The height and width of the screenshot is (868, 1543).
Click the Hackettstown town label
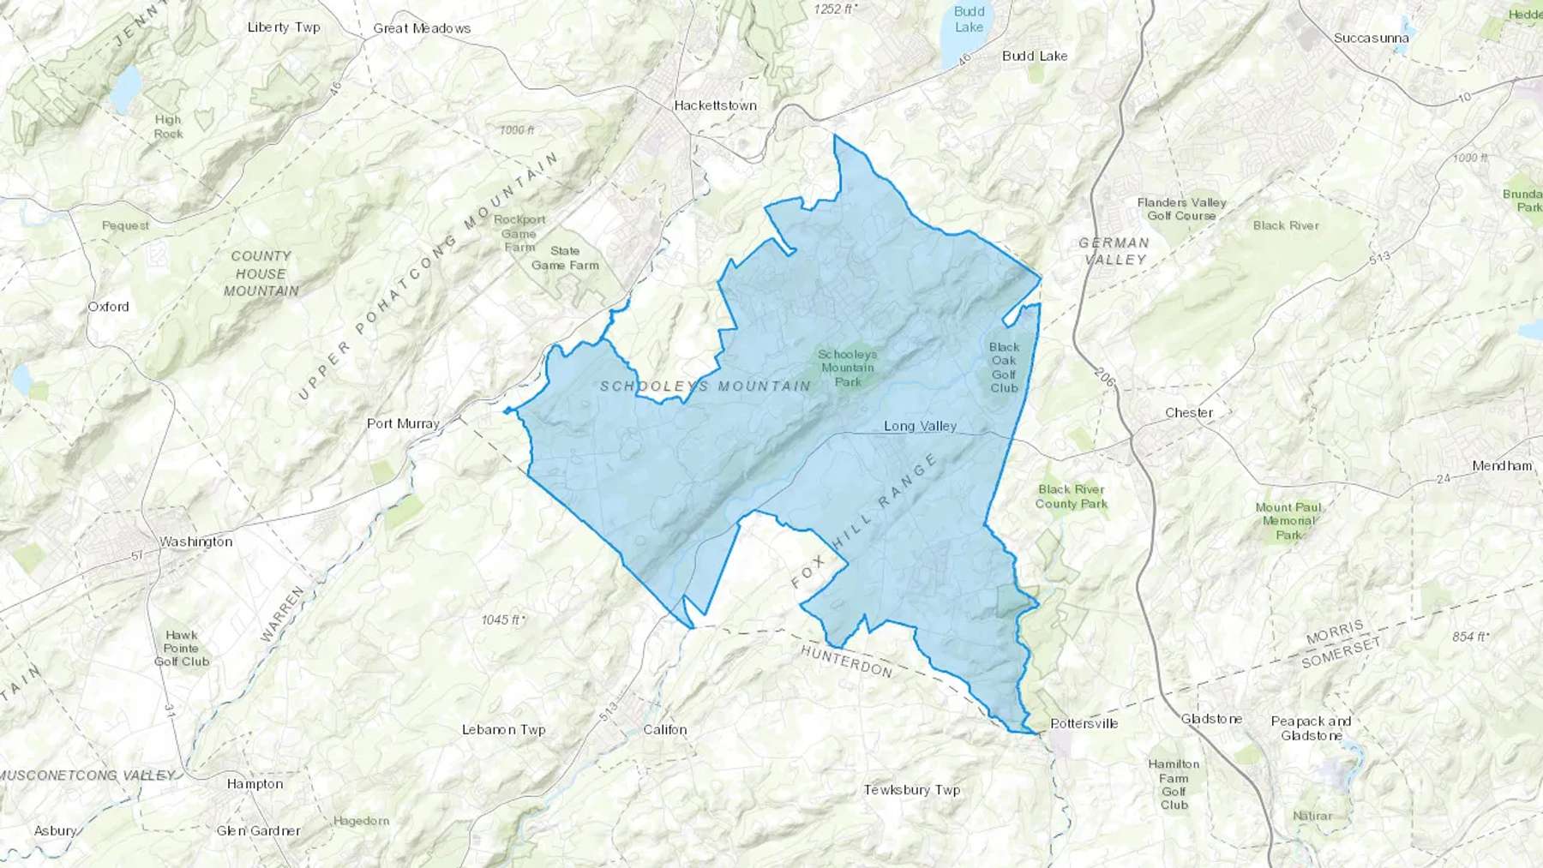(x=715, y=105)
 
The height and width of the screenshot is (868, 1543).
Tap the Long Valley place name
(x=920, y=426)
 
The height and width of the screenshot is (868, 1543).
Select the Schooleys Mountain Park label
(x=847, y=368)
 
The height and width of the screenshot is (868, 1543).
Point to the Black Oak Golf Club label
(x=1004, y=368)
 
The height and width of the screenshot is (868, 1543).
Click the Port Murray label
(x=403, y=423)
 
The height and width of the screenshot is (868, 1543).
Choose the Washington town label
(x=195, y=542)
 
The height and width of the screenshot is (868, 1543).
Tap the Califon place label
(x=665, y=730)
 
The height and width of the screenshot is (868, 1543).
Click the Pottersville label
(x=1084, y=723)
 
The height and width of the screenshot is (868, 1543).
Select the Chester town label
(x=1189, y=413)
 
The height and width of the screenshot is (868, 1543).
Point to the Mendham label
(x=1502, y=466)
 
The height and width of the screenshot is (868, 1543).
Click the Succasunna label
(x=1372, y=39)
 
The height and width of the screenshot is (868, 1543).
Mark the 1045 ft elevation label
(x=503, y=620)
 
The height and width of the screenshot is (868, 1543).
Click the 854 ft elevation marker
(x=1470, y=637)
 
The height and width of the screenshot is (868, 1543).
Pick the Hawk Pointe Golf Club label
(x=182, y=648)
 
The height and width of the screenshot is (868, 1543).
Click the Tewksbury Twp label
(x=911, y=790)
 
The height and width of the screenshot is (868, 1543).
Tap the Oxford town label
(x=108, y=307)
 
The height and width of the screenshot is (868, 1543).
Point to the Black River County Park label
(x=1071, y=497)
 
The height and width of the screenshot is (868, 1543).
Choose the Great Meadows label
(x=422, y=28)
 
